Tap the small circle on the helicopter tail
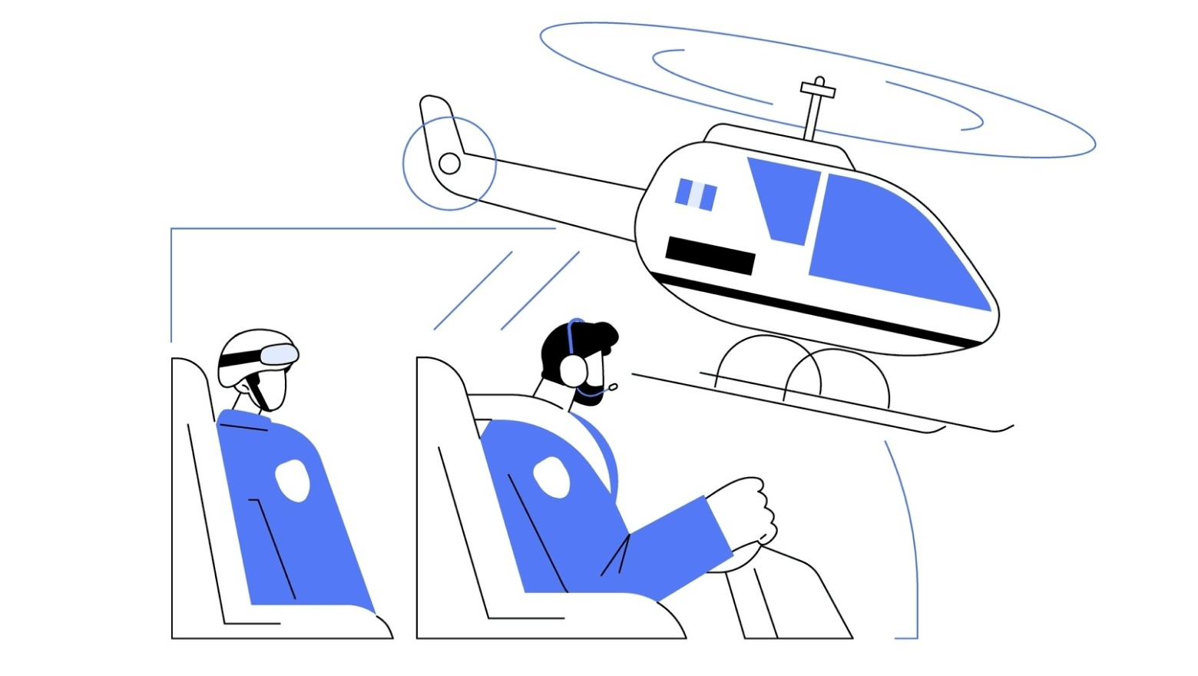tap(449, 164)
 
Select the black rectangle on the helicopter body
tap(710, 256)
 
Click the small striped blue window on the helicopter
tap(696, 194)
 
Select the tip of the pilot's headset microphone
tap(613, 386)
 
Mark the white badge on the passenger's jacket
tap(293, 480)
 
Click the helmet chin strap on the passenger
tap(259, 392)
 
